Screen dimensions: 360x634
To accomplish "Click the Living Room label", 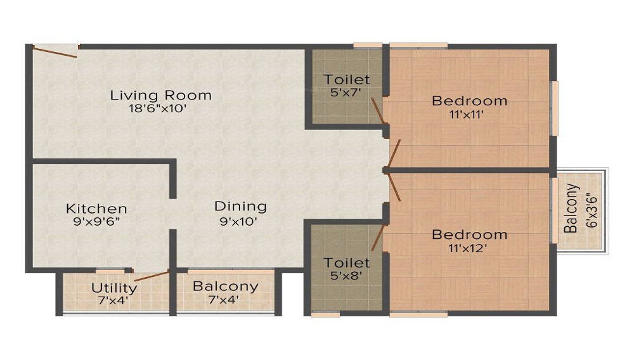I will pyautogui.click(x=160, y=95).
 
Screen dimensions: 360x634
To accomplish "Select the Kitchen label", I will pyautogui.click(x=96, y=209).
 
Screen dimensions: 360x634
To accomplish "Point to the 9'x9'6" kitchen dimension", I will pyautogui.click(x=96, y=221).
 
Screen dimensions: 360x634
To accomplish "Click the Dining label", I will pyautogui.click(x=240, y=206).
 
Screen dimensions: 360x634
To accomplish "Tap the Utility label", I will pyautogui.click(x=114, y=288).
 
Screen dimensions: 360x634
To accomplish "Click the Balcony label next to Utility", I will pyautogui.click(x=225, y=286).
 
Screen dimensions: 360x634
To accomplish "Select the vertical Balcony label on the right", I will pyautogui.click(x=571, y=209).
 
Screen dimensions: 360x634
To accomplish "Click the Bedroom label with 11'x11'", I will pyautogui.click(x=469, y=100).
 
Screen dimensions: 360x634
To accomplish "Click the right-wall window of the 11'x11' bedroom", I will pyautogui.click(x=554, y=108).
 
